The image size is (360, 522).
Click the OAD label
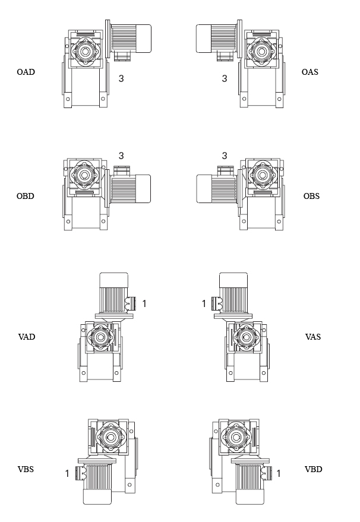26,72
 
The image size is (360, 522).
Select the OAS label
310,72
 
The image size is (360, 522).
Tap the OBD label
26,196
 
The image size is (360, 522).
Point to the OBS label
311,196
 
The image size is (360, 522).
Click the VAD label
27,337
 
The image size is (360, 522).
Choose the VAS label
313,337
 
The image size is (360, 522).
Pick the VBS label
26,469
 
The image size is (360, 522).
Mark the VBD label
314,469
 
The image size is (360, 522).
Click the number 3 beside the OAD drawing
121,78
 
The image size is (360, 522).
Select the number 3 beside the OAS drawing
225,78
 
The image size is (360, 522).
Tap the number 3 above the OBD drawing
121,156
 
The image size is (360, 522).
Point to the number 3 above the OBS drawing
225,156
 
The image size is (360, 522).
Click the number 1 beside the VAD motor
144,303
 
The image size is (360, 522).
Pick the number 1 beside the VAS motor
204,303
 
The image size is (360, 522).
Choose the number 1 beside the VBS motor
67,473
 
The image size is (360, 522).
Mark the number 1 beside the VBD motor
279,473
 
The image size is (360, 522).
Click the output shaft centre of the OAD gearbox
85,51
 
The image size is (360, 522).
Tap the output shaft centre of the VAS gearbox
244,337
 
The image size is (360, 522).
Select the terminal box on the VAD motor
132,303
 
